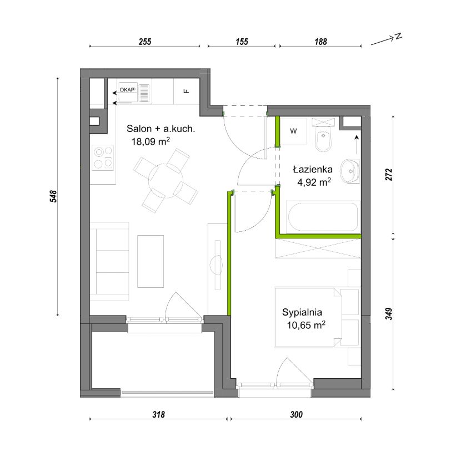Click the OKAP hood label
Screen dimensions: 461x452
pyautogui.click(x=127, y=89)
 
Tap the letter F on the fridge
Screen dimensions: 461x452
pyautogui.click(x=186, y=92)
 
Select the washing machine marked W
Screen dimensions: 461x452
pyautogui.click(x=293, y=131)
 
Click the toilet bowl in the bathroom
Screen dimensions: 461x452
pyautogui.click(x=323, y=139)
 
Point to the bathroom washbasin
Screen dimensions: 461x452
pyautogui.click(x=350, y=171)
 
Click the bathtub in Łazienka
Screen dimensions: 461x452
pyautogui.click(x=323, y=217)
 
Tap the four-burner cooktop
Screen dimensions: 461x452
pyautogui.click(x=103, y=158)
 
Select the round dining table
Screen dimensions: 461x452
pyautogui.click(x=166, y=180)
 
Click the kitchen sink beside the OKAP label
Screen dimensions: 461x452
pyautogui.click(x=144, y=93)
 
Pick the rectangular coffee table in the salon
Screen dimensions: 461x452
pyautogui.click(x=151, y=261)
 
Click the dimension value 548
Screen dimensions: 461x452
pyautogui.click(x=53, y=196)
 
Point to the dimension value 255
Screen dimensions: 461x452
pyautogui.click(x=145, y=42)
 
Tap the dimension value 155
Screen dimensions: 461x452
pyautogui.click(x=242, y=42)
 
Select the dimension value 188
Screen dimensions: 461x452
pyautogui.click(x=320, y=42)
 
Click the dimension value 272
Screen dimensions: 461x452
pyautogui.click(x=389, y=174)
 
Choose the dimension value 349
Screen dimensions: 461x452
pyautogui.click(x=389, y=313)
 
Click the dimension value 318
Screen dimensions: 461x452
pyautogui.click(x=158, y=414)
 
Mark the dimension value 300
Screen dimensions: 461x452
pyautogui.click(x=296, y=414)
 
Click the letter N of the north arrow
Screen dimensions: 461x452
pyautogui.click(x=398, y=36)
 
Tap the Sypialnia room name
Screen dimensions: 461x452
pyautogui.click(x=302, y=312)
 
